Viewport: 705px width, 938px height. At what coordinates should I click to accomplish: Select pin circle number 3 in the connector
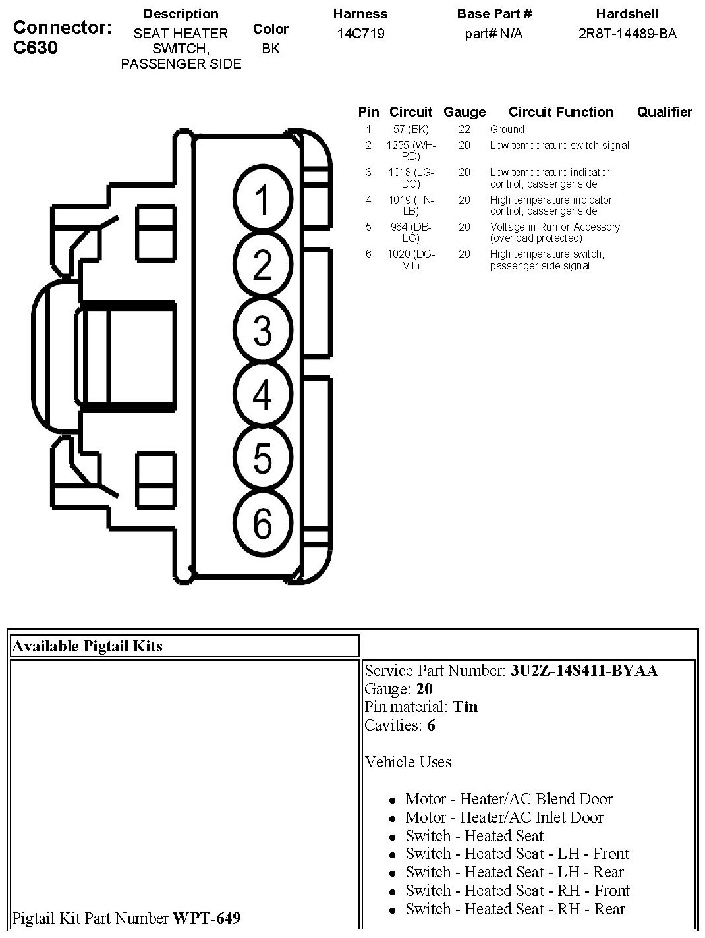point(262,330)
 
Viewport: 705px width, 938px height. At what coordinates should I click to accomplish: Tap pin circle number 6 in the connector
point(262,524)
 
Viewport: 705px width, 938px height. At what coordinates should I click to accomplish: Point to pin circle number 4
point(262,395)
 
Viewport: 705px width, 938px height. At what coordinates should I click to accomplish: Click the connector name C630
point(35,48)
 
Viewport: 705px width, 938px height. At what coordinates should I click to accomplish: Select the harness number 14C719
point(360,34)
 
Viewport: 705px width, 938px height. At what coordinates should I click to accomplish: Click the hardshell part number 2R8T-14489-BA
point(627,34)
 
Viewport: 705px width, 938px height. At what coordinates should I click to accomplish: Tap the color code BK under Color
point(271,49)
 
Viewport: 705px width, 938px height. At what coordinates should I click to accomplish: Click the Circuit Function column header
point(561,112)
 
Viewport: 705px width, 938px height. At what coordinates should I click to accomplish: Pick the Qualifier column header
point(664,112)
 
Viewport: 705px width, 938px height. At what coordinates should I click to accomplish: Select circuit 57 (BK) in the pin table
point(410,130)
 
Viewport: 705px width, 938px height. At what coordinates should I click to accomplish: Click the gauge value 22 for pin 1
point(465,130)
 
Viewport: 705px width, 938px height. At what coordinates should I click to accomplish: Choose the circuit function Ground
point(507,130)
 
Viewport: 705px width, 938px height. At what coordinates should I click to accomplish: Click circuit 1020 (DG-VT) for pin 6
point(410,260)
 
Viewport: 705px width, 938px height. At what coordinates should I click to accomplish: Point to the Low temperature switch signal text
point(559,146)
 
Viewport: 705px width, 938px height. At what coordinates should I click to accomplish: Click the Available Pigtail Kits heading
point(87,646)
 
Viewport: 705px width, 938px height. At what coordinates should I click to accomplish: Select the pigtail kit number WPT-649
point(206,918)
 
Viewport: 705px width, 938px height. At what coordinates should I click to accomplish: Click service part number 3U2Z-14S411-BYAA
point(584,671)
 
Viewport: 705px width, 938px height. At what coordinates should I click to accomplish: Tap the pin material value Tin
point(465,707)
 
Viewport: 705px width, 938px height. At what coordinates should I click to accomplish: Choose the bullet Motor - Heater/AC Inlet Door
point(504,817)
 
